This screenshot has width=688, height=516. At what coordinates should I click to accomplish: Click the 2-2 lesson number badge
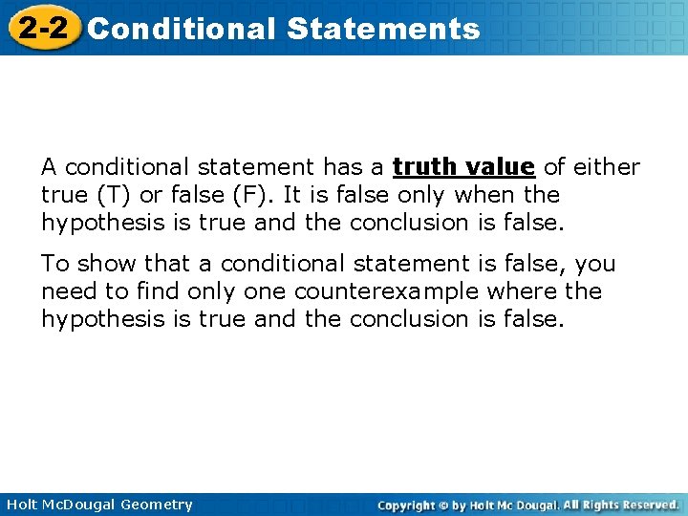coord(44,28)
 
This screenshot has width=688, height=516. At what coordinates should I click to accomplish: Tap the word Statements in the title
coord(382,29)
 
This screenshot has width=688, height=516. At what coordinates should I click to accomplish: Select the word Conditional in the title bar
coord(181,29)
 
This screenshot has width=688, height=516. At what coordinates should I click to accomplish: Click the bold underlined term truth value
coord(463,167)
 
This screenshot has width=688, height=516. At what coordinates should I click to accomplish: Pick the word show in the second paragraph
coord(103,263)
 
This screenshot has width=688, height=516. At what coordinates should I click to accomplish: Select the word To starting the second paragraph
coord(54,263)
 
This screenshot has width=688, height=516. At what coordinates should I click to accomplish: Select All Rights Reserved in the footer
coord(621,505)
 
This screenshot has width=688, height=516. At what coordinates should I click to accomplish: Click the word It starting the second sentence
coord(264,195)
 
